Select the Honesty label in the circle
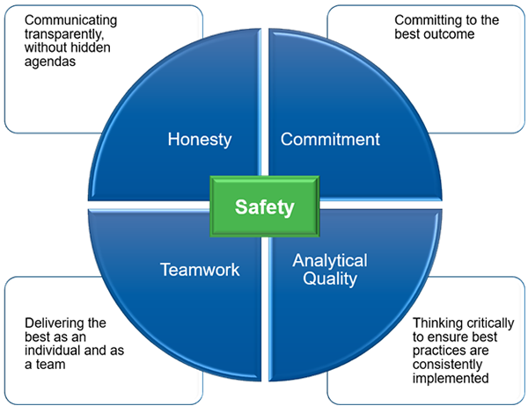[199, 139]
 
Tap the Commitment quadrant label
[330, 139]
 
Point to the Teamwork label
[200, 270]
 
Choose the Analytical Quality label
[330, 270]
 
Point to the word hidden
[93, 48]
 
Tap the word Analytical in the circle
[330, 261]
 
